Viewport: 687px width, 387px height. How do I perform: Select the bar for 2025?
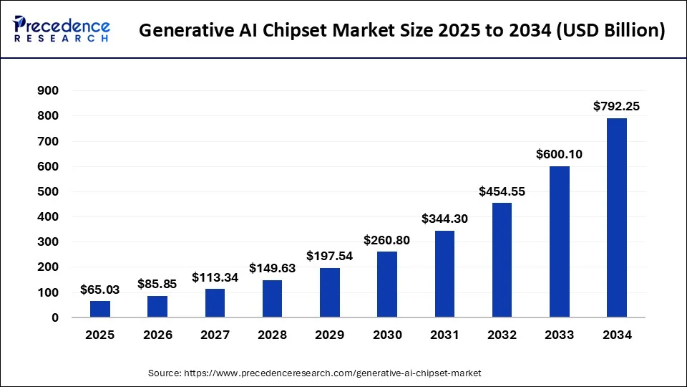coord(100,309)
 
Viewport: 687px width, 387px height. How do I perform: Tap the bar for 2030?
coord(387,285)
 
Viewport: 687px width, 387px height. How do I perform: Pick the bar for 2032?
coord(502,260)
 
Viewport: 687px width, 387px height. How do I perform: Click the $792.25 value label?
coord(616,106)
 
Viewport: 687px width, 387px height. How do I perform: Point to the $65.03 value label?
coord(100,290)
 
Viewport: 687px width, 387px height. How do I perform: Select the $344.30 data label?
coord(444,219)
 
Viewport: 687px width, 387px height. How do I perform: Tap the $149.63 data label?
coord(272,268)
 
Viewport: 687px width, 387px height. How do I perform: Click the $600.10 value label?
coord(559,154)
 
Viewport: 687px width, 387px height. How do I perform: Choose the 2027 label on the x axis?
coord(215,335)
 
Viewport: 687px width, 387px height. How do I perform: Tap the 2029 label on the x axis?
coord(329,335)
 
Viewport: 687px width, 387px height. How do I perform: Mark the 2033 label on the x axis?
coord(559,335)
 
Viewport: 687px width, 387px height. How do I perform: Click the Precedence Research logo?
coord(62,30)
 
